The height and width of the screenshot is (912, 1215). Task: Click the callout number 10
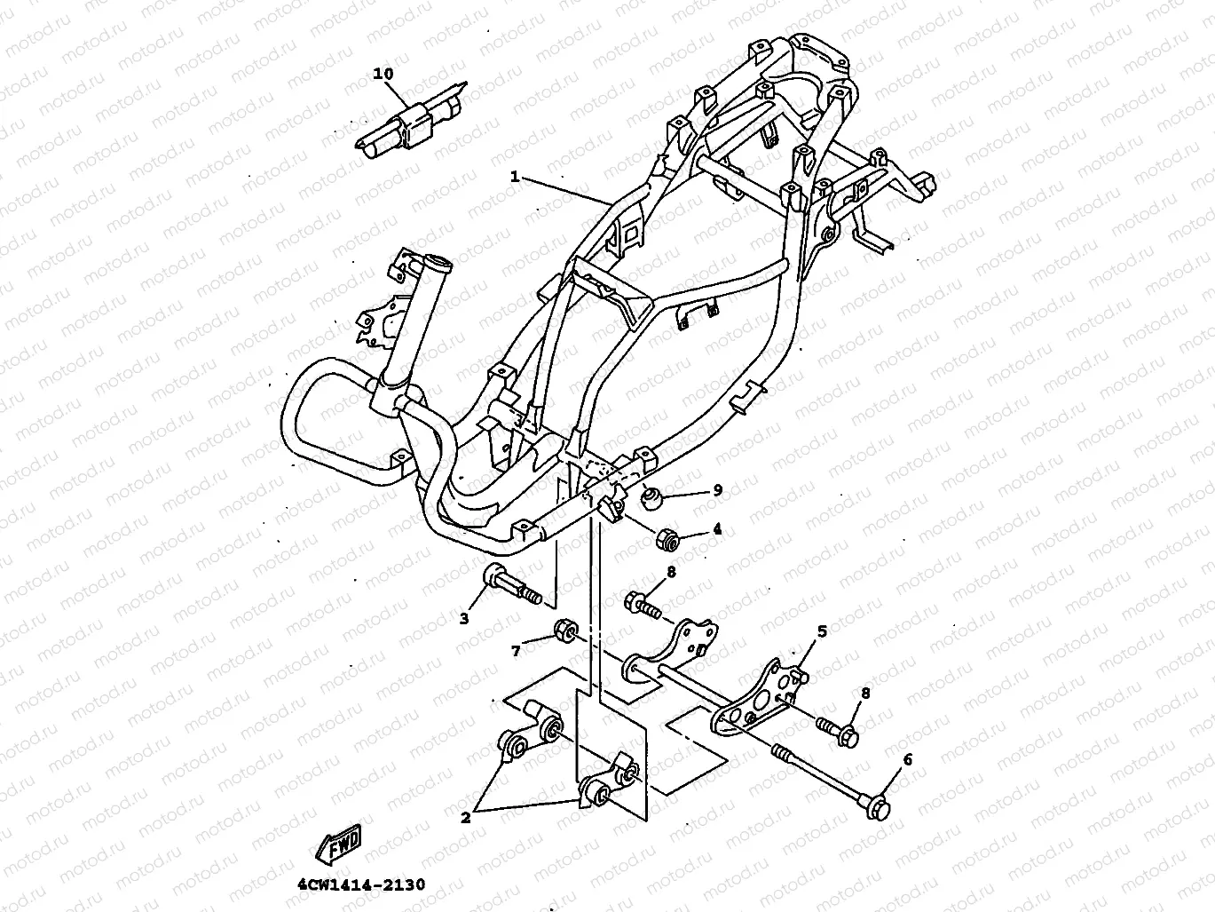[383, 74]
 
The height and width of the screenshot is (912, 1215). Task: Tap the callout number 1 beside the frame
[515, 177]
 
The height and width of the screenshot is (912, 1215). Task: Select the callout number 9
[717, 490]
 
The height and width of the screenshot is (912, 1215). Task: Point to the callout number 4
[717, 528]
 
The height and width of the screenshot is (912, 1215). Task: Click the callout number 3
[464, 619]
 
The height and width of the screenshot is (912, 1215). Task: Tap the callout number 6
[907, 760]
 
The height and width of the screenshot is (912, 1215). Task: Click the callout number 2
[466, 817]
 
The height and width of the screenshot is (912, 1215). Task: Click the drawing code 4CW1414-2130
[361, 884]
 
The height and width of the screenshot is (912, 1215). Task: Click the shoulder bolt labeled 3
[512, 587]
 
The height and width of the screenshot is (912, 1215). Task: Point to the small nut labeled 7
[565, 631]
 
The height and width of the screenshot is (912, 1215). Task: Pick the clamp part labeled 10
[410, 118]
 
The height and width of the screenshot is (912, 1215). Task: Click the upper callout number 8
[672, 572]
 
